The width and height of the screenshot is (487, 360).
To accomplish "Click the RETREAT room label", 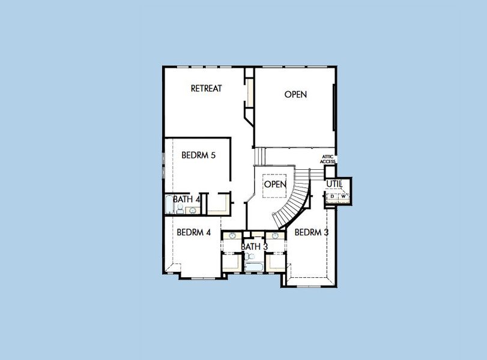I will [206, 88].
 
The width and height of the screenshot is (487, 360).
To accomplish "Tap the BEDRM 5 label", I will [198, 155].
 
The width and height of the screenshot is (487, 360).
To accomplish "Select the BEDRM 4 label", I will [193, 232].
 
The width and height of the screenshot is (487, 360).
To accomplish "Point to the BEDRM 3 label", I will [311, 232].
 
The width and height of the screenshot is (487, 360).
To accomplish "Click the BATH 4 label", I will [186, 199].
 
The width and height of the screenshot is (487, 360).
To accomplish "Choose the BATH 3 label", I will [254, 247].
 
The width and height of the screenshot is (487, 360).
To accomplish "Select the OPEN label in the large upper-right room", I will [295, 94].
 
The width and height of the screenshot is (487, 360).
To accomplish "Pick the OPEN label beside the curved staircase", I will [275, 184].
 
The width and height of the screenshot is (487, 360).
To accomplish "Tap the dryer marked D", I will [332, 196].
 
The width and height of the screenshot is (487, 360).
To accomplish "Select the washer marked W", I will [343, 196].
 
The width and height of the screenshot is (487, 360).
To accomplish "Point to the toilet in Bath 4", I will [180, 209].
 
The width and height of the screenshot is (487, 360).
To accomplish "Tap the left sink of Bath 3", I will [232, 236].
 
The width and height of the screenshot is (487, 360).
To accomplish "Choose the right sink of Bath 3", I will [275, 236].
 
